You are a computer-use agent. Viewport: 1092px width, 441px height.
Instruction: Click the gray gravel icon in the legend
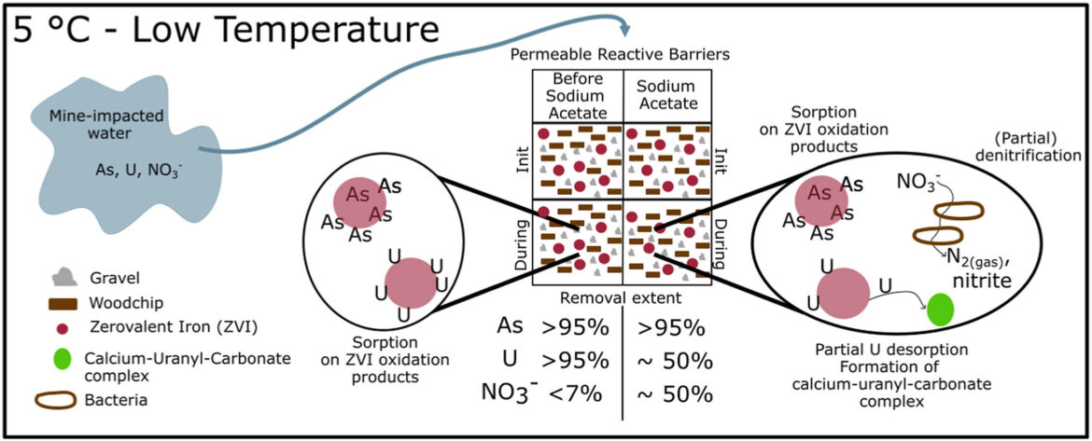click(64, 276)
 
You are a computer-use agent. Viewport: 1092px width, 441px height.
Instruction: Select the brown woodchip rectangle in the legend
click(63, 303)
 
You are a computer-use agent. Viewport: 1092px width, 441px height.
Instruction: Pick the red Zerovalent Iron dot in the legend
click(63, 329)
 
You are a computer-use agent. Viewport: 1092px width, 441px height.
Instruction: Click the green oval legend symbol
click(63, 358)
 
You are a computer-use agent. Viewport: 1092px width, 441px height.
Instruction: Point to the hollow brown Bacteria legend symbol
click(63, 400)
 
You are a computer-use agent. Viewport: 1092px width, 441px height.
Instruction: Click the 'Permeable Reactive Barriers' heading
click(621, 56)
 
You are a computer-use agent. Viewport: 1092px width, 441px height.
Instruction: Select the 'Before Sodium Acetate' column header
click(576, 96)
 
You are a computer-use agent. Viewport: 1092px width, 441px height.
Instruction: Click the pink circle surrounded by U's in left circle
click(410, 283)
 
